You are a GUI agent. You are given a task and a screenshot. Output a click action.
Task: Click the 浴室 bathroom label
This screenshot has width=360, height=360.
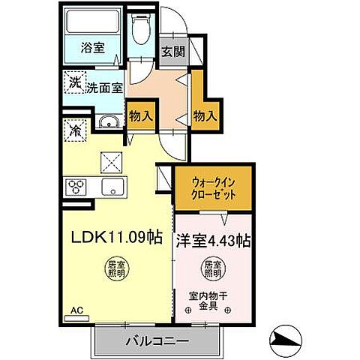(x=94, y=47)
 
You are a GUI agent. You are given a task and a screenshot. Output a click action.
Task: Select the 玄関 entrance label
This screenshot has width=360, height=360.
(x=171, y=52)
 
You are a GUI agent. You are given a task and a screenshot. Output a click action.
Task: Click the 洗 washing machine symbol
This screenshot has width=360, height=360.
(x=76, y=82)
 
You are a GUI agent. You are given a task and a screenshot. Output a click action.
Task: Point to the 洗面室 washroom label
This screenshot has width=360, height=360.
(x=104, y=88)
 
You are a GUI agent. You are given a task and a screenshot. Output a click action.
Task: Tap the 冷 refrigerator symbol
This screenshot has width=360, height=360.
(x=76, y=129)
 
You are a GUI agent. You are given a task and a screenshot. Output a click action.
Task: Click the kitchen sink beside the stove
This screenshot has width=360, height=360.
(x=113, y=187)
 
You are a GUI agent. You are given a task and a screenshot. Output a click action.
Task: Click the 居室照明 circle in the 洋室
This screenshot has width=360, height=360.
(x=212, y=268)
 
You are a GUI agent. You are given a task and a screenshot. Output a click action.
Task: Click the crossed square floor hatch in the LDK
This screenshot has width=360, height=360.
(x=113, y=160)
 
